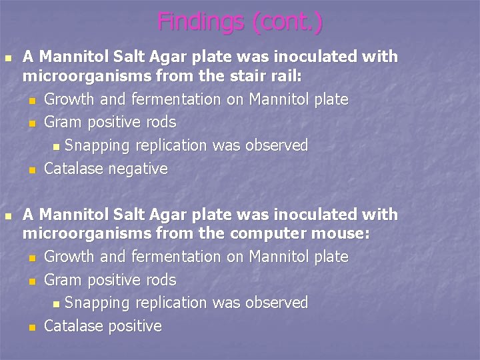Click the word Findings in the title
(x=201, y=22)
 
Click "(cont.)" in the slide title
(x=287, y=22)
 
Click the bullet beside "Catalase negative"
(x=32, y=171)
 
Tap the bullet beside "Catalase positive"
(x=32, y=328)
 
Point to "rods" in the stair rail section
(x=161, y=123)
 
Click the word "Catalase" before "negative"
(x=73, y=169)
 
